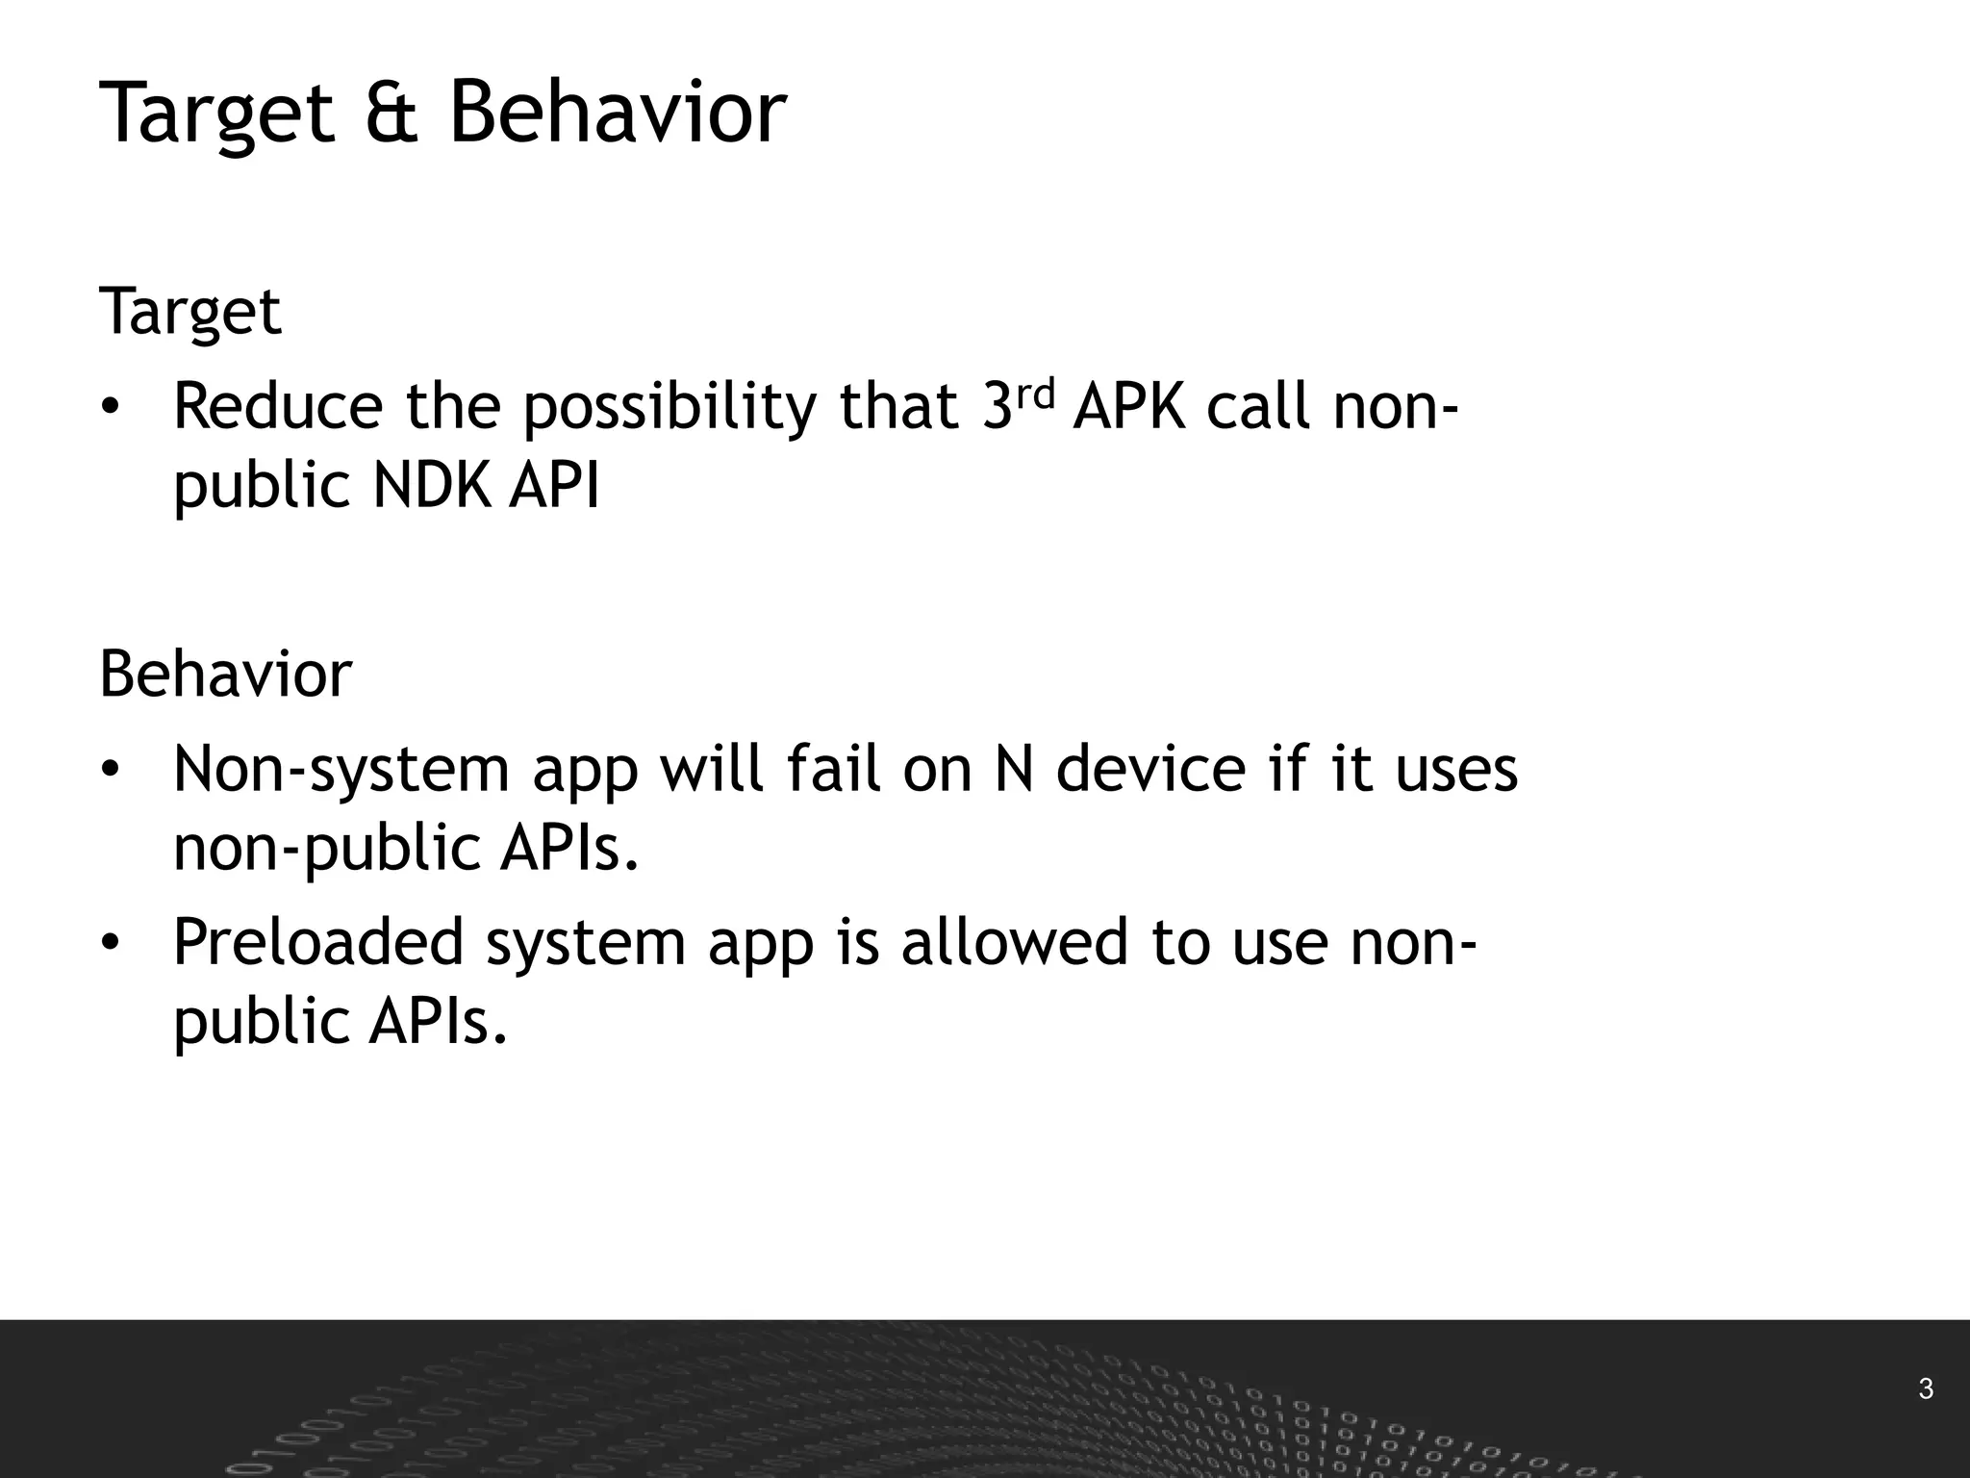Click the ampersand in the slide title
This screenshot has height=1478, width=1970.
[x=391, y=114]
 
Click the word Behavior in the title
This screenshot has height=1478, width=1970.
[x=618, y=114]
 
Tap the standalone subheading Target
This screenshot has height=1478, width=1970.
[x=189, y=313]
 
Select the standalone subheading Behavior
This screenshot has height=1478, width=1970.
[x=225, y=675]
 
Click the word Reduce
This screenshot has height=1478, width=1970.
[x=278, y=406]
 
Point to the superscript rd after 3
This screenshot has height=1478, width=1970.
[x=1036, y=392]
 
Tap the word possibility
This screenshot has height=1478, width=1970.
[x=669, y=408]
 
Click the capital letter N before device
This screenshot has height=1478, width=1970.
[x=1014, y=770]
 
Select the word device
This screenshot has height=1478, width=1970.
[x=1150, y=770]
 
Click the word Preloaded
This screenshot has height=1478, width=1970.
[x=317, y=942]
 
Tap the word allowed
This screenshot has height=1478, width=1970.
[x=1014, y=942]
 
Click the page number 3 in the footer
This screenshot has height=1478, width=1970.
[x=1925, y=1389]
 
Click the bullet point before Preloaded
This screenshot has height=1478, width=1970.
[x=111, y=944]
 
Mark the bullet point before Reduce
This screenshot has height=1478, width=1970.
[x=111, y=408]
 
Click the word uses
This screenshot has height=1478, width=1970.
[x=1455, y=770]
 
